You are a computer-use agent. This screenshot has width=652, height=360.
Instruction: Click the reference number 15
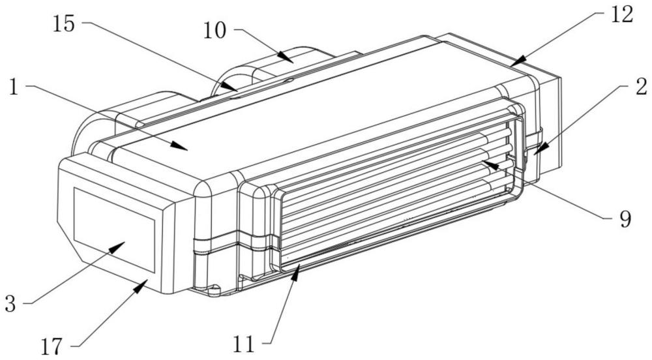point(64,25)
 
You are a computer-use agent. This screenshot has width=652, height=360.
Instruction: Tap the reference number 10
point(215,31)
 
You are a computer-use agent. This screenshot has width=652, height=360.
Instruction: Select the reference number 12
point(622,15)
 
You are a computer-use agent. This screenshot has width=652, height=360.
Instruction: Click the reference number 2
point(642,87)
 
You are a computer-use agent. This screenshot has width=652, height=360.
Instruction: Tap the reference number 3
point(10,304)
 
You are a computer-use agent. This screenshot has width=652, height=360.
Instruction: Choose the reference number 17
point(52,346)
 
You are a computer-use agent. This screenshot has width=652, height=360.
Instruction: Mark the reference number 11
point(244,344)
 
